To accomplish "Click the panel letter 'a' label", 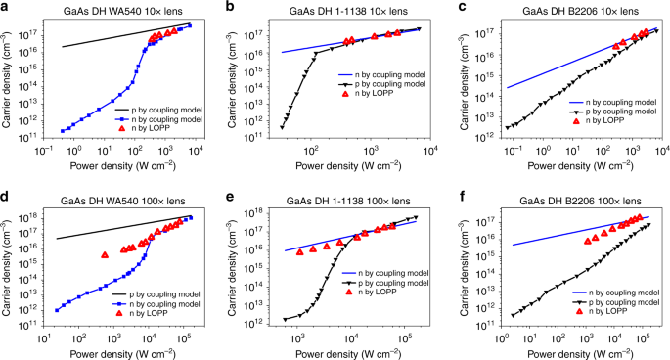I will click(x=7, y=8).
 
